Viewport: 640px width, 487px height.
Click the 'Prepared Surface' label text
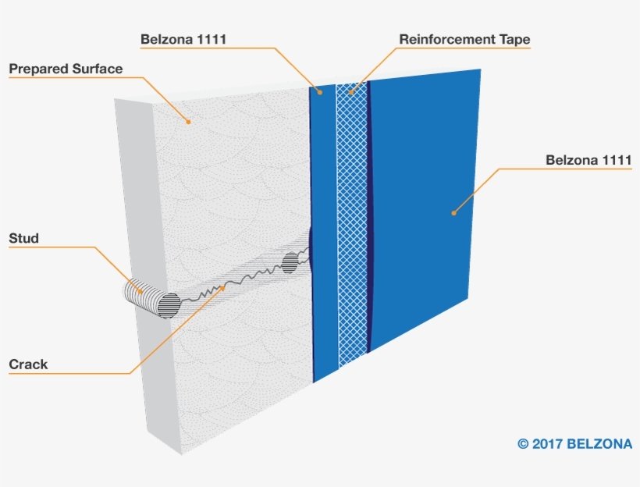pos(66,69)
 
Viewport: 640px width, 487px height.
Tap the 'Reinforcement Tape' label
pos(464,39)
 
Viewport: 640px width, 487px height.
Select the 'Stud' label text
pos(23,238)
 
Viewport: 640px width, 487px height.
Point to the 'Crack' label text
pos(28,364)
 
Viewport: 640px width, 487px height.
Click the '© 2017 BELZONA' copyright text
pos(574,444)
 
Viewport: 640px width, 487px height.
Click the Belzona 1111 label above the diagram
pos(183,39)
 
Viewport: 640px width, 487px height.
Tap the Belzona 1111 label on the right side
pos(588,160)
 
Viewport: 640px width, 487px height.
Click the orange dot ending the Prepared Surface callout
pos(188,122)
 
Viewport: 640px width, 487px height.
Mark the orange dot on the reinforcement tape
pos(350,92)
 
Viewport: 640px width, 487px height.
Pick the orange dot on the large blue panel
pos(453,213)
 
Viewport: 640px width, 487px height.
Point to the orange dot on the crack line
pos(222,288)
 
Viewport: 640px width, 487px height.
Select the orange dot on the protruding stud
pos(140,291)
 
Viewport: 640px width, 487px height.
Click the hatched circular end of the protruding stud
pos(169,305)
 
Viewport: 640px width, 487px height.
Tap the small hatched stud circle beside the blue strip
pos(290,263)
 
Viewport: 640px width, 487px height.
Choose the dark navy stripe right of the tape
pos(370,216)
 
